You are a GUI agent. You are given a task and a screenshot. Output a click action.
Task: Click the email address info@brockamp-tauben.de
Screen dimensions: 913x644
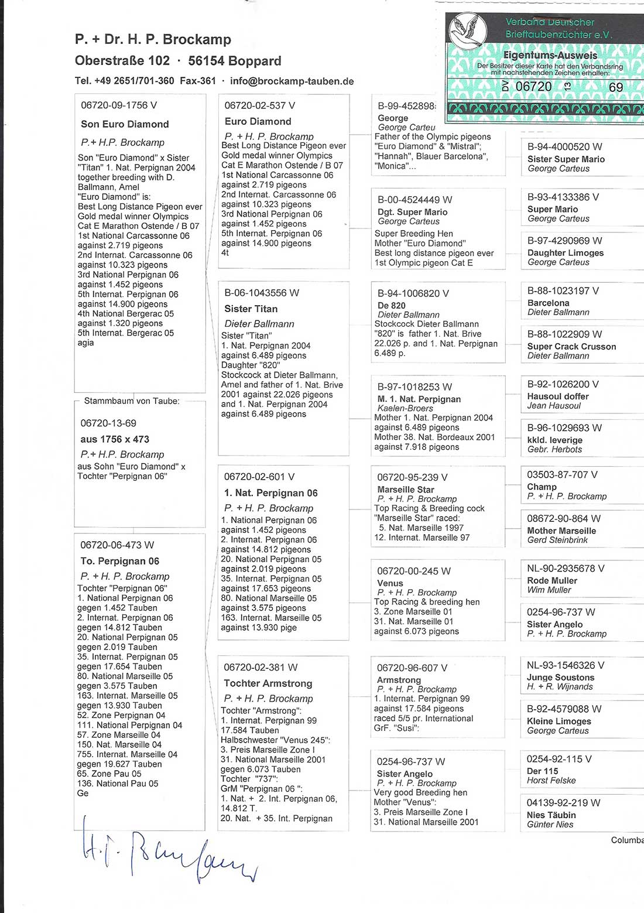pyautogui.click(x=292, y=81)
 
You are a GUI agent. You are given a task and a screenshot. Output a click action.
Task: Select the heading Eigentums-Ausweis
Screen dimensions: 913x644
pyautogui.click(x=550, y=56)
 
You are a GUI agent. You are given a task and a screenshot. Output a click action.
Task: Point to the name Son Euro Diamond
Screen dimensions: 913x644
pyautogui.click(x=125, y=124)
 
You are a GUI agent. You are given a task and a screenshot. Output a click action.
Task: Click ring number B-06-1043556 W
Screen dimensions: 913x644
pyautogui.click(x=262, y=293)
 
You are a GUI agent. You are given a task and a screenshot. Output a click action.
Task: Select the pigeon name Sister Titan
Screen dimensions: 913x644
pyautogui.click(x=251, y=309)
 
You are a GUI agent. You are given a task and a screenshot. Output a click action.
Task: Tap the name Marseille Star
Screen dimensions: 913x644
pyautogui.click(x=406, y=490)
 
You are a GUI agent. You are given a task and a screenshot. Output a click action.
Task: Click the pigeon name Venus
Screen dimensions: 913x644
pyautogui.click(x=390, y=583)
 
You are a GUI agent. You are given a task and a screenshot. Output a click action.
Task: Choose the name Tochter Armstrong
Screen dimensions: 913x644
pyautogui.click(x=268, y=683)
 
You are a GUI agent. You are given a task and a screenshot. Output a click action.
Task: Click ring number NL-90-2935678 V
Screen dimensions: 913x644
pyautogui.click(x=566, y=569)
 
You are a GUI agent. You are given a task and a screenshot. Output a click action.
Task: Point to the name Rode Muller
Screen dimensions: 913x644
pyautogui.click(x=552, y=580)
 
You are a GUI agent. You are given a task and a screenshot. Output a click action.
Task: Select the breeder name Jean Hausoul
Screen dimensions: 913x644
pyautogui.click(x=554, y=405)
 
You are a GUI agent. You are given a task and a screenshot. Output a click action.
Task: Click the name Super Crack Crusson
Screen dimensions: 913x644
pyautogui.click(x=571, y=346)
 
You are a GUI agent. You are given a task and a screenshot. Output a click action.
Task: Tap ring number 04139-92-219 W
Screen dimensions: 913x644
pyautogui.click(x=563, y=803)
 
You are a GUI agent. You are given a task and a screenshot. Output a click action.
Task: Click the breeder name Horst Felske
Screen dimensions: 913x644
pyautogui.click(x=551, y=781)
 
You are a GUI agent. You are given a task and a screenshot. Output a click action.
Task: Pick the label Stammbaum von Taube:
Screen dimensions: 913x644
pyautogui.click(x=132, y=401)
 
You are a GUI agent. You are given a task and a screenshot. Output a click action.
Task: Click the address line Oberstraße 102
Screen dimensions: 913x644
pyautogui.click(x=122, y=61)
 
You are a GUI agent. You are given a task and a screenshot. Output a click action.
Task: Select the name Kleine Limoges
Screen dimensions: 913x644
pyautogui.click(x=559, y=721)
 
